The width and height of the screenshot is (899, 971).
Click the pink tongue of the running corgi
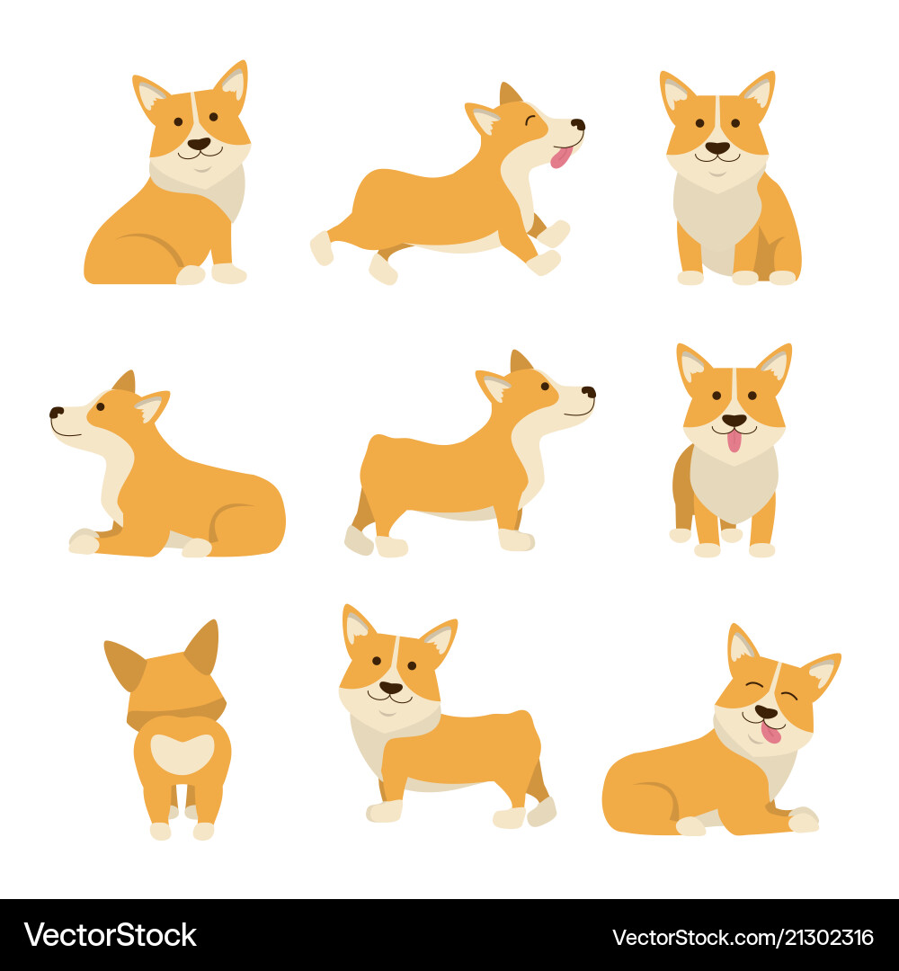561,157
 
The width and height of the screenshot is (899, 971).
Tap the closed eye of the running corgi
530,119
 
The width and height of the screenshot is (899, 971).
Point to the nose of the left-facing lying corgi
56,413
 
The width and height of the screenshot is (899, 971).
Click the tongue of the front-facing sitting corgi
734,441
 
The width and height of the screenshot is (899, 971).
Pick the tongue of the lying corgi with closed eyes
771,732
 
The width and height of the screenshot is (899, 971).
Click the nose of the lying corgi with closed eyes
765,712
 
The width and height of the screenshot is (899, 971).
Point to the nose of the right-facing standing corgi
588,392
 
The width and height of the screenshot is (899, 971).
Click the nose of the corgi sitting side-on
199,143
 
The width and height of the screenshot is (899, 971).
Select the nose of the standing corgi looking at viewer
390,688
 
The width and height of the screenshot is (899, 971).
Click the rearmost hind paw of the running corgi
321,248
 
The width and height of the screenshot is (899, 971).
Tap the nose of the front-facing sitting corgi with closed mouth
717,147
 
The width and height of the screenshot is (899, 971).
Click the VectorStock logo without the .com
110,935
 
